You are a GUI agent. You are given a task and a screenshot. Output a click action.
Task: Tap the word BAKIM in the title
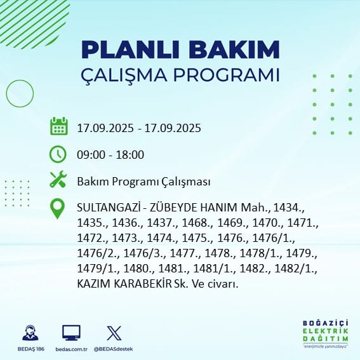[234, 50]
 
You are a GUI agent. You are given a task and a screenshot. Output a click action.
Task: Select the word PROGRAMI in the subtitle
[227, 75]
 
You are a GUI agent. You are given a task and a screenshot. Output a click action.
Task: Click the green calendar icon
[59, 126]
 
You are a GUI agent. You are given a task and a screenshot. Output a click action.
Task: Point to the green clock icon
[58, 154]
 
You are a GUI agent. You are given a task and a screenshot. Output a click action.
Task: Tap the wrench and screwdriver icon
[58, 179]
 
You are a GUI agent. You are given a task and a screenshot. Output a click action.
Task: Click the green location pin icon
[57, 208]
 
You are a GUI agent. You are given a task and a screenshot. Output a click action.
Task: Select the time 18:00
[130, 155]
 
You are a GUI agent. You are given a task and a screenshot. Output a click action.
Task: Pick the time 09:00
[91, 155]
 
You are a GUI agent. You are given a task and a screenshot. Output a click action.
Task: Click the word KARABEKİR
[143, 284]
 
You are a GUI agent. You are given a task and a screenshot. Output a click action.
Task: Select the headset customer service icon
[30, 333]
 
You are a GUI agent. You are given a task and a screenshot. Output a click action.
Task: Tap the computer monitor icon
[71, 333]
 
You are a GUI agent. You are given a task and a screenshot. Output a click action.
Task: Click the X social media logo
[114, 333]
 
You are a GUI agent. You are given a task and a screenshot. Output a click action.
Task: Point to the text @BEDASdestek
[113, 349]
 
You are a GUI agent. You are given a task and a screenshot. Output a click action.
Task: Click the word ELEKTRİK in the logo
[325, 331]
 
